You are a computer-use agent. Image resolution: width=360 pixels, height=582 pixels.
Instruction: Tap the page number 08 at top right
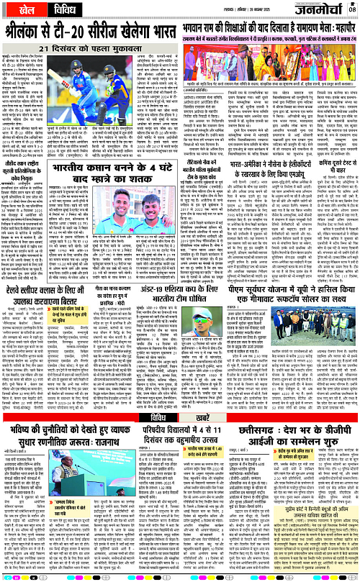point(352,9)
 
